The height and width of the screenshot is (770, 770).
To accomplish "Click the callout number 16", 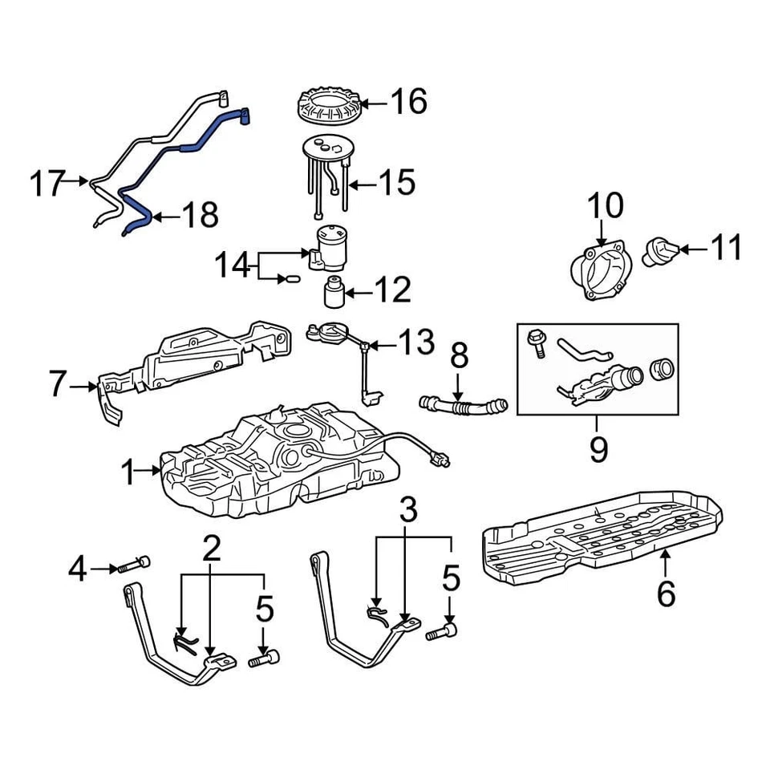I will click(x=408, y=103).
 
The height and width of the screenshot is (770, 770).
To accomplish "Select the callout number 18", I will click(x=198, y=215).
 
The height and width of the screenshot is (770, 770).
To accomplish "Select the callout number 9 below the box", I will click(x=598, y=450).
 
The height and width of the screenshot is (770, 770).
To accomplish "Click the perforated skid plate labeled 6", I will click(x=602, y=533).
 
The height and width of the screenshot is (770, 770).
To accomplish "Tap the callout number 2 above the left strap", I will click(x=211, y=549).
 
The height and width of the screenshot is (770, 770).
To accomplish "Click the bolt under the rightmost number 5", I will click(x=440, y=633).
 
